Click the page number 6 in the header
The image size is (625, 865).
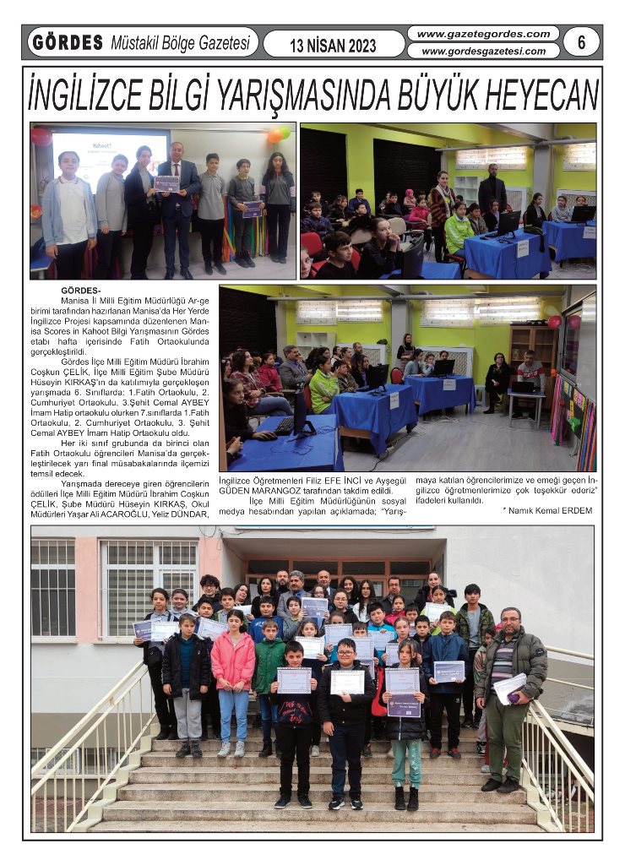581,41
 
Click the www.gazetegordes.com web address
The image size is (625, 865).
481,34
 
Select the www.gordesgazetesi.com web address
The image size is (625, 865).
483,51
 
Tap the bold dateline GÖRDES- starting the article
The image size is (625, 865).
81,291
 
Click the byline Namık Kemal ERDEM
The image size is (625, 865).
550,510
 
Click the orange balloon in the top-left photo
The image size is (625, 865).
274,136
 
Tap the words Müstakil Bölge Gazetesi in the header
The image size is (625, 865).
179,42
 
